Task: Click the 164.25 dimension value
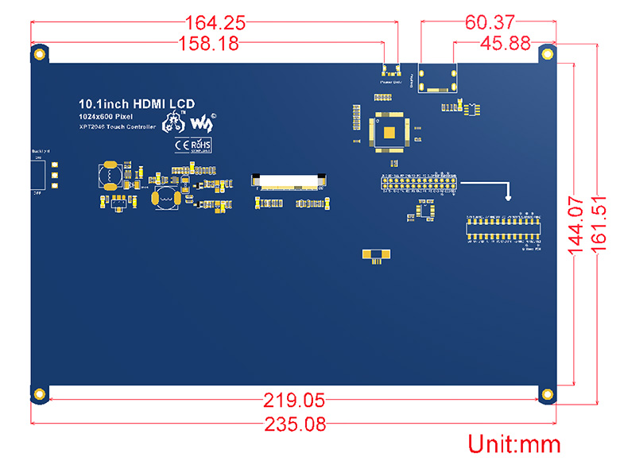tap(215, 22)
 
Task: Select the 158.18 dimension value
tap(208, 44)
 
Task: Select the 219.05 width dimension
tap(295, 401)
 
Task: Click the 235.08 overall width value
tap(294, 424)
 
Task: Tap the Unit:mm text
tap(513, 444)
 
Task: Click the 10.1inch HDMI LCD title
tap(136, 103)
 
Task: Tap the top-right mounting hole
tap(546, 53)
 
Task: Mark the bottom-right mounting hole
tap(546, 393)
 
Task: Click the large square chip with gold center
tap(392, 133)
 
